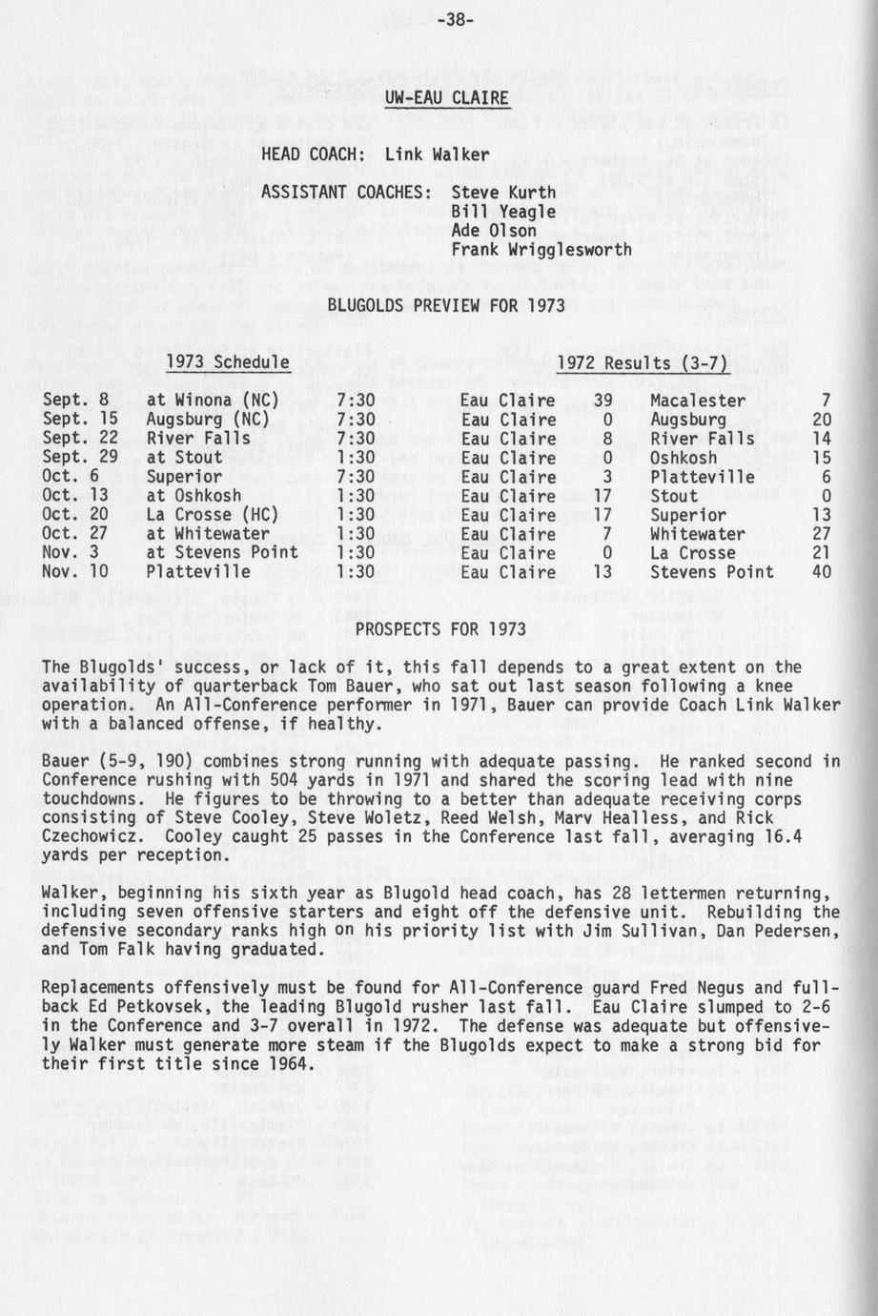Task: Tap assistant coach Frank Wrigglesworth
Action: [x=541, y=250]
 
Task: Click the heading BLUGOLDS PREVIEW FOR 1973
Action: [x=445, y=306]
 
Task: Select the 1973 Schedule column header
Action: [x=228, y=363]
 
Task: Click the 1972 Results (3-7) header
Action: [x=642, y=363]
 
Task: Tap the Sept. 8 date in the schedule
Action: [x=75, y=401]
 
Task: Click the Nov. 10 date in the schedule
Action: [x=75, y=572]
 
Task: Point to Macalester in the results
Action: [x=698, y=401]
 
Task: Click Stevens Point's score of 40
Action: [x=821, y=572]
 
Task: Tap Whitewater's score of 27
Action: [x=821, y=534]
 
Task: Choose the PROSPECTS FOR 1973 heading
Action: [x=440, y=629]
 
